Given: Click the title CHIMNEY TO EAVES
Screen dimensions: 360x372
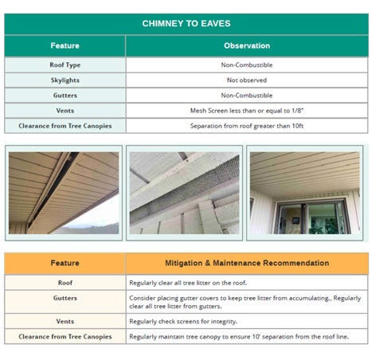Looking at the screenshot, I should point(186,24).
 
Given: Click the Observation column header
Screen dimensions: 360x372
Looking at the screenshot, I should point(246,46).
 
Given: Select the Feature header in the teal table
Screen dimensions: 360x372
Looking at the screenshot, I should point(65,46).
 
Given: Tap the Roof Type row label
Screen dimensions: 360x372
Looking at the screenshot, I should point(65,65).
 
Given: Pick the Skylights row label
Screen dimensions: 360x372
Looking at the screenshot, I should point(65,80).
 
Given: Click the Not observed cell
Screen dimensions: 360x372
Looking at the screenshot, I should point(246,80).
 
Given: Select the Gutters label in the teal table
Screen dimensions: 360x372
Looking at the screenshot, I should point(65,96).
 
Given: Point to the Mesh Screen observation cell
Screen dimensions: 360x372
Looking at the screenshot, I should point(246,111).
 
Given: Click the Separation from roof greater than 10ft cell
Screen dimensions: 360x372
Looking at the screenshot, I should point(246,126).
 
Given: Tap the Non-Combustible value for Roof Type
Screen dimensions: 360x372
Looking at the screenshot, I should point(246,65).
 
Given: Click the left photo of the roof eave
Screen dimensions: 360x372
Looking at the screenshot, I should point(64,193).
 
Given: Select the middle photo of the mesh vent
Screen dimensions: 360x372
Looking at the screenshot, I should point(184,193).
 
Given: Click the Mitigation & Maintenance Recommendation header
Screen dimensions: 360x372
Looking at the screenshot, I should point(246,263).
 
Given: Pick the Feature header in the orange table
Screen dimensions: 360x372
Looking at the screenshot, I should point(65,263).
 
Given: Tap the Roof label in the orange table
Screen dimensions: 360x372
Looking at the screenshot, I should point(65,283).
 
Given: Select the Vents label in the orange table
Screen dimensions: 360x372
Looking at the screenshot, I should point(65,322).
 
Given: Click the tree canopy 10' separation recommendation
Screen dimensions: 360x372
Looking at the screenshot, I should point(231,337).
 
